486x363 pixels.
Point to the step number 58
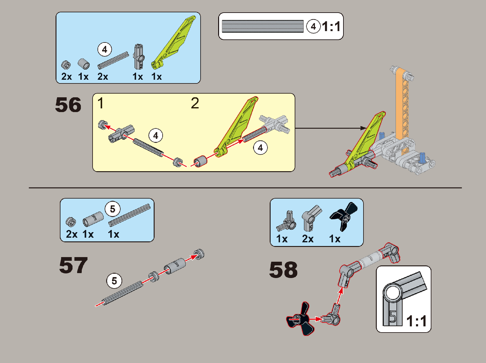point(283,270)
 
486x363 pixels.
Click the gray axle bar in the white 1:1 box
point(263,26)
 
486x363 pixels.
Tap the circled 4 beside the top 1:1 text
point(313,26)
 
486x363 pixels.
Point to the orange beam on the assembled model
point(402,108)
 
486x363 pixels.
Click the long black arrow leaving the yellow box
point(330,128)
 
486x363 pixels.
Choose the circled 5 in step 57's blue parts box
point(113,209)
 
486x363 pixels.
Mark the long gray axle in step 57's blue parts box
point(130,215)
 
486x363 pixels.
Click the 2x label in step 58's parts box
point(308,239)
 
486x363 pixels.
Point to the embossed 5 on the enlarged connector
point(393,317)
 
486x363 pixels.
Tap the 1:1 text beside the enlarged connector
point(417,321)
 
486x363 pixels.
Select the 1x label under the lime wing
point(156,77)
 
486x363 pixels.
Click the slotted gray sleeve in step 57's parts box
point(93,219)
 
